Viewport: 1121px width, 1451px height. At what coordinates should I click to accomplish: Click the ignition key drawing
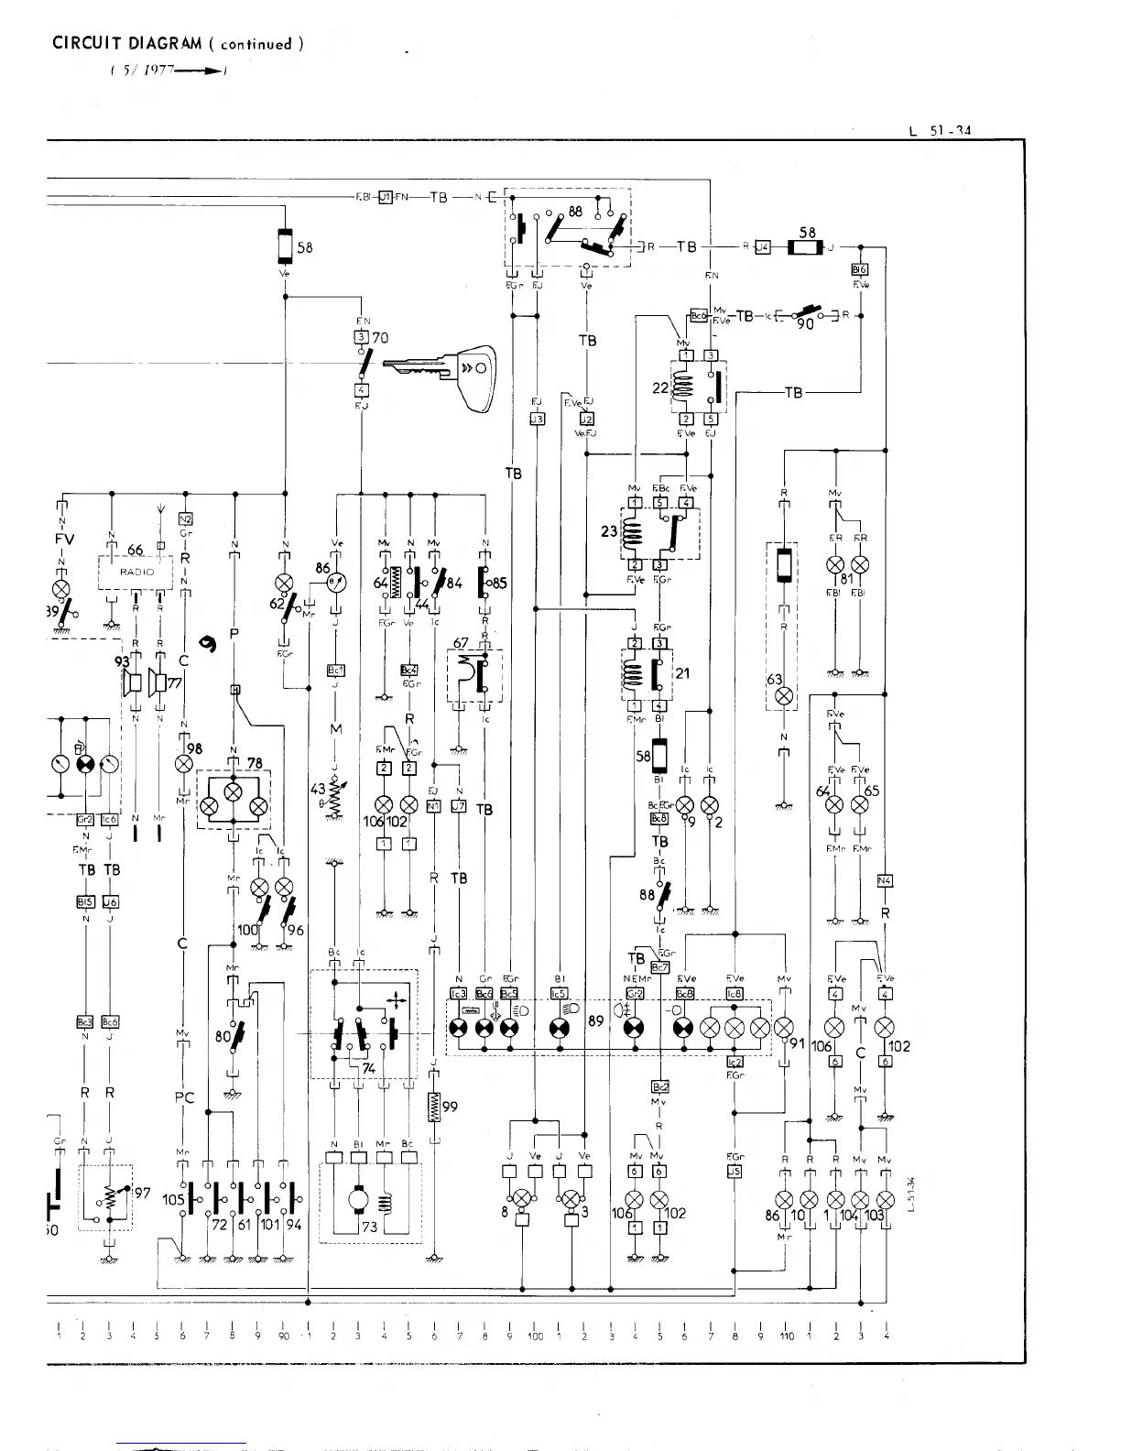pyautogui.click(x=441, y=368)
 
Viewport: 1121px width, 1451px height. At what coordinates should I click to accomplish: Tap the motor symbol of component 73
pyautogui.click(x=357, y=1201)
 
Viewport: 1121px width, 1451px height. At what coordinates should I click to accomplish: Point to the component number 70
pyautogui.click(x=381, y=338)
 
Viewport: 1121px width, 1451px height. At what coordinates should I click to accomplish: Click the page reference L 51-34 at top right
pyautogui.click(x=940, y=130)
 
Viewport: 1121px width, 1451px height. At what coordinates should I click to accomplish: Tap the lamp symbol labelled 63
pyautogui.click(x=783, y=696)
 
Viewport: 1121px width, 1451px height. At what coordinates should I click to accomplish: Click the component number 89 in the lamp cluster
pyautogui.click(x=595, y=1019)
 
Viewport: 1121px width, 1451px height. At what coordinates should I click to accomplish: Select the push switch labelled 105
pyautogui.click(x=184, y=1200)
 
